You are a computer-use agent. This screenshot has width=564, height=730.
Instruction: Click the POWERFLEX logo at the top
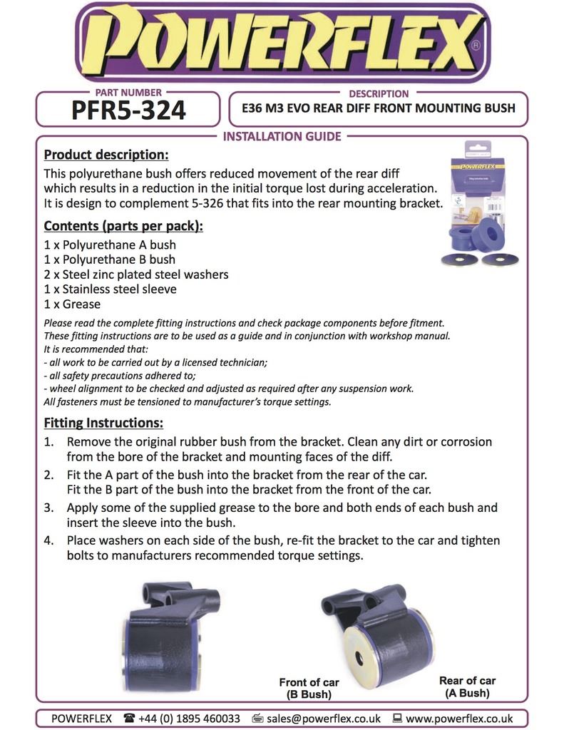coord(282,43)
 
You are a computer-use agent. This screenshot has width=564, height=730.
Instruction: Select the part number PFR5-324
coord(128,110)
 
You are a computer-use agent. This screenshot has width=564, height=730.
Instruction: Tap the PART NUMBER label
coord(128,93)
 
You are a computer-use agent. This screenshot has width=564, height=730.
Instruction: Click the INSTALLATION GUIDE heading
coord(282,136)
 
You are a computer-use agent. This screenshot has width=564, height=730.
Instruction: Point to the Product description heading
coord(106,155)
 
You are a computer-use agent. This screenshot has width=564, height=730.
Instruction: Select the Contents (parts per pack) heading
coord(123,226)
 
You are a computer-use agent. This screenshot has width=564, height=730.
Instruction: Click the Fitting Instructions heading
coord(103,423)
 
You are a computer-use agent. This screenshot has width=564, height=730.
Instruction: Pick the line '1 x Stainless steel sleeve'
coord(110,289)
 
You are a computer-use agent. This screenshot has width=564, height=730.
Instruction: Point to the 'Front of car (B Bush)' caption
coord(309,688)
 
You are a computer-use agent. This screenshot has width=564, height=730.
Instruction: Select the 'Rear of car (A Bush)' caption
coord(467,686)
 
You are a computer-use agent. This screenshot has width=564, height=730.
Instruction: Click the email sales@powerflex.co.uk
coord(322,719)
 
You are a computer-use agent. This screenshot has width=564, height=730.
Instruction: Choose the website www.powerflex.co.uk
coord(459,719)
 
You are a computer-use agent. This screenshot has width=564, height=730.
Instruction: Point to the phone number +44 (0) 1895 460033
coord(189,719)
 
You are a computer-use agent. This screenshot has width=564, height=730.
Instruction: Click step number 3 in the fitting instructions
coord(49,508)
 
